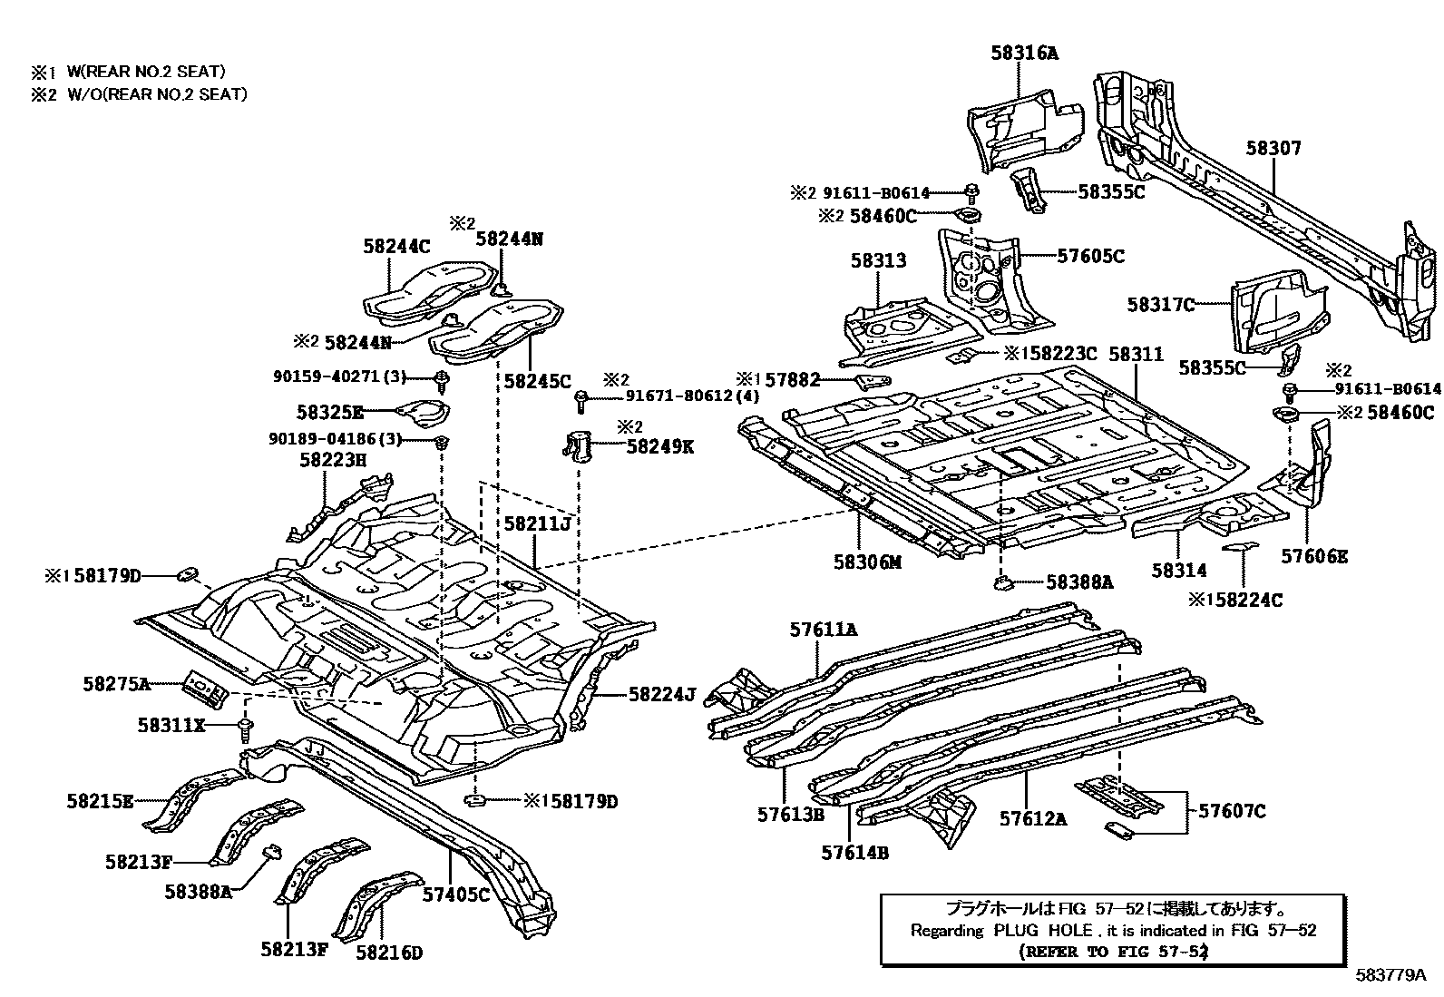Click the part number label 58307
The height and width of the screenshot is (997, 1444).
pos(1273,148)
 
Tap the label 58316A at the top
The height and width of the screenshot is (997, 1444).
pos(1023,54)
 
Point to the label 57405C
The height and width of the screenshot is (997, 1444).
pos(456,894)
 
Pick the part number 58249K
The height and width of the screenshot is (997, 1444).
pos(660,446)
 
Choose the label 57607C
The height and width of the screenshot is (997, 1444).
pos(1232,811)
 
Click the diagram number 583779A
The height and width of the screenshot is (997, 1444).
pos(1391,976)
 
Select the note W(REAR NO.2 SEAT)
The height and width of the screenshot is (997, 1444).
pos(145,71)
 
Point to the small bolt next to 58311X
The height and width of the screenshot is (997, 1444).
pos(246,727)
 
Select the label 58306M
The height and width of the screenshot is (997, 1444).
pos(868,562)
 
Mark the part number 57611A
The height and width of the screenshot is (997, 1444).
pos(823,629)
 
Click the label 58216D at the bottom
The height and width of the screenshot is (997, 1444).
pos(389,952)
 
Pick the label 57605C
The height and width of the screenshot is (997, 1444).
pos(1090,257)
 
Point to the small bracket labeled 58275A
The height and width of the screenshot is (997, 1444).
pos(204,689)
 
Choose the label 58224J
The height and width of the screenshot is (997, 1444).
pos(661,696)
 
